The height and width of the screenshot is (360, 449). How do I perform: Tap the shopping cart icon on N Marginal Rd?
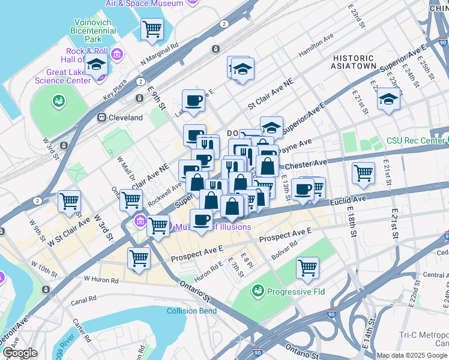[152, 29]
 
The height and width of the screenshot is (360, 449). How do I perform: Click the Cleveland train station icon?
[102, 118]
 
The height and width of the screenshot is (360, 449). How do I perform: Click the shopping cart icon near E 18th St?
[364, 173]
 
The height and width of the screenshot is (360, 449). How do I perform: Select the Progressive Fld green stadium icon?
[258, 291]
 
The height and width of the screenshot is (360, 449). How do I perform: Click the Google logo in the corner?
[20, 353]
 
